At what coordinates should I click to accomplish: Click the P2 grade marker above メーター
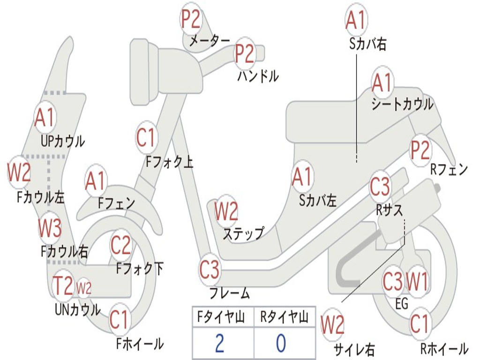[x=191, y=19]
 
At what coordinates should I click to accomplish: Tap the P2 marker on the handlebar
[x=245, y=54]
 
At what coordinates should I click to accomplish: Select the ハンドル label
[x=258, y=76]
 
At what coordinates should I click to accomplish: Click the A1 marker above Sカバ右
[x=356, y=20]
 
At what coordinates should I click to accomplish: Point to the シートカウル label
[x=402, y=104]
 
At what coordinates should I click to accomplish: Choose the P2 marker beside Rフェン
[x=420, y=150]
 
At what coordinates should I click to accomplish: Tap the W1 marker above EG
[x=417, y=281]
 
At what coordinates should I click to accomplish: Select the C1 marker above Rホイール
[x=419, y=324]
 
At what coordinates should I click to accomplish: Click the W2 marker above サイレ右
[x=332, y=325]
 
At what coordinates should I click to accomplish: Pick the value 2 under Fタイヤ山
[x=219, y=343]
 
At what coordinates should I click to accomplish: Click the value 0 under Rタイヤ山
[x=281, y=343]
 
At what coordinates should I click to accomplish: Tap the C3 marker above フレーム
[x=210, y=270]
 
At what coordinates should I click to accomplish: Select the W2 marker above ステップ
[x=226, y=211]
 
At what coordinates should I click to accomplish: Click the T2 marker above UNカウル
[x=63, y=285]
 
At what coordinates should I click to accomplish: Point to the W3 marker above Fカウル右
[x=50, y=228]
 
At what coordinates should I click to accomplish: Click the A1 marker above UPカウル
[x=45, y=117]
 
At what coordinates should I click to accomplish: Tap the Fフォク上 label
[x=169, y=161]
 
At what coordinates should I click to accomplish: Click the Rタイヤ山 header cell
[x=285, y=317]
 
